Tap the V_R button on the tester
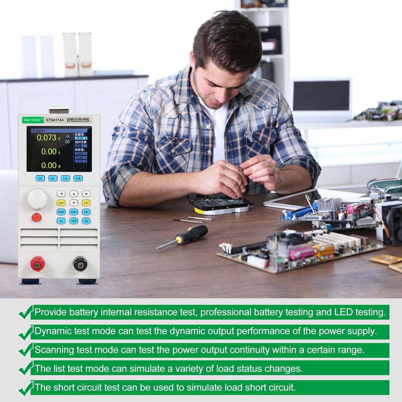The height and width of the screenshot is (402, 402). (78, 178)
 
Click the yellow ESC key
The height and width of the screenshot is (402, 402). (61, 203)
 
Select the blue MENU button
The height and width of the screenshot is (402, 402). (73, 212)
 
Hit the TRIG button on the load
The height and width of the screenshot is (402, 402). (73, 221)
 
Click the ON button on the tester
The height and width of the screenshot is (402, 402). (86, 221)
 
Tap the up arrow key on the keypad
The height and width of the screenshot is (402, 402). (73, 194)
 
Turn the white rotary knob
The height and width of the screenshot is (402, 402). (37, 199)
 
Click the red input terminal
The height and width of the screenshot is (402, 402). (38, 264)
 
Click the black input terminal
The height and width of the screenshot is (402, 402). (80, 264)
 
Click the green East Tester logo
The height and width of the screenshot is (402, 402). (33, 120)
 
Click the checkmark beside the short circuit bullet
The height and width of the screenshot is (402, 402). (25, 388)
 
